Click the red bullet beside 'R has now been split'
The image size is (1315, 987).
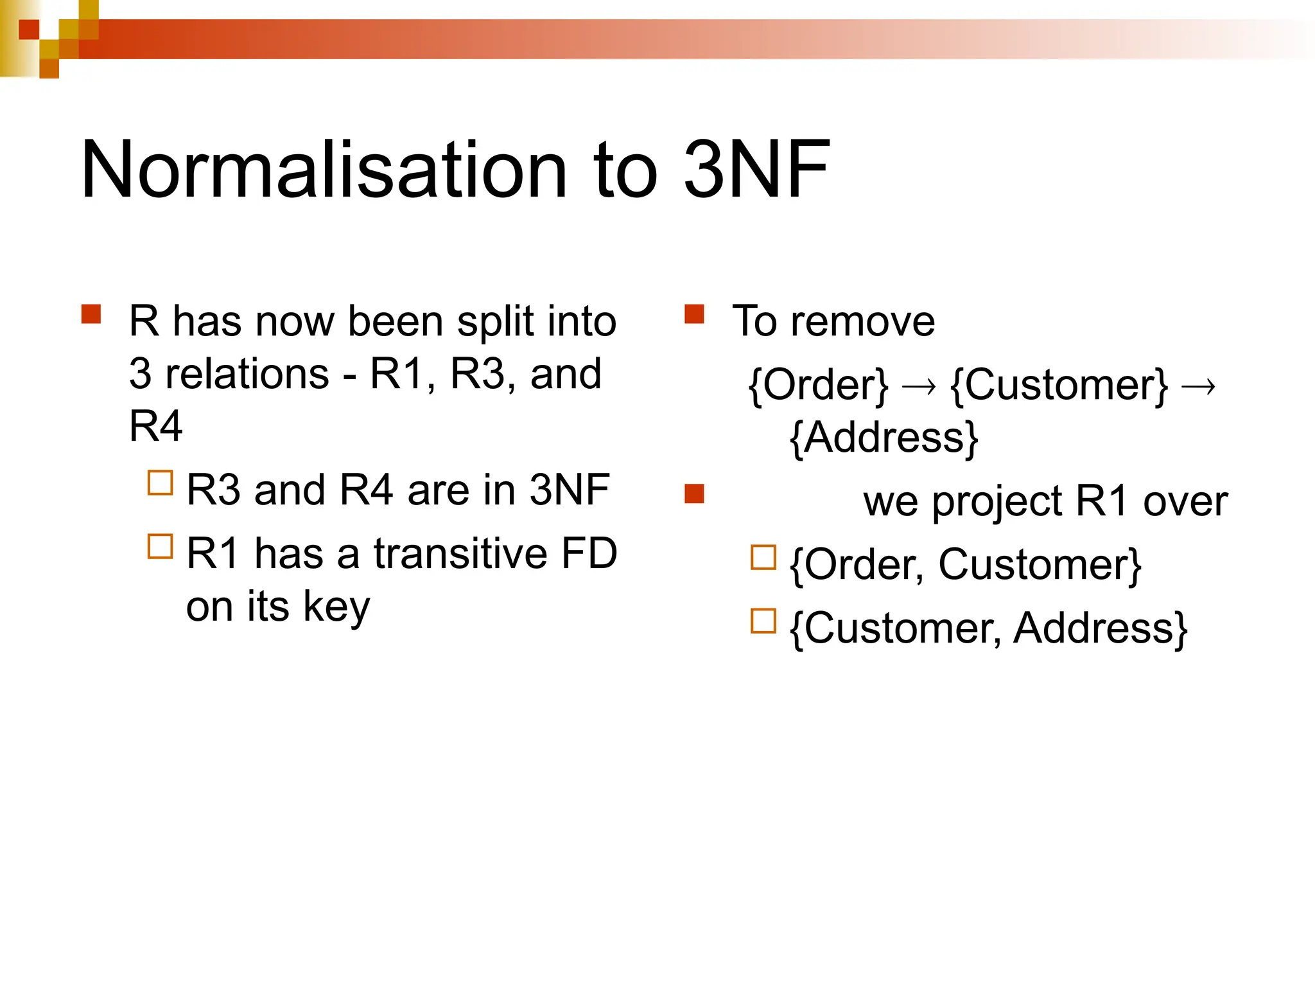pos(91,314)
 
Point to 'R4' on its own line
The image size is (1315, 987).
pos(155,426)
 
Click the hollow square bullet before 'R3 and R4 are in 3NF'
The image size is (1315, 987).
pos(160,483)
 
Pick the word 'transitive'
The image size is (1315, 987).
pos(460,553)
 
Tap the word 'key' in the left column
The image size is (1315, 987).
pos(336,607)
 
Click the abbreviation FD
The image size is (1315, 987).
pos(589,553)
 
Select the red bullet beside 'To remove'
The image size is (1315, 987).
pos(694,314)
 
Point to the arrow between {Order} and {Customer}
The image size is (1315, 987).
pos(919,387)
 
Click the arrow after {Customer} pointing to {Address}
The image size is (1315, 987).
pos(1198,387)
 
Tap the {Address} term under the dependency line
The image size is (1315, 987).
pos(884,438)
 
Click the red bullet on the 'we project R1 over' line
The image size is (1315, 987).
pos(694,494)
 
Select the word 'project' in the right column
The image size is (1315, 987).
pos(997,502)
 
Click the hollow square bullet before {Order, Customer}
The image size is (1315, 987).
pos(763,558)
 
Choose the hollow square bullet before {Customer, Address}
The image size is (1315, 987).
pos(763,621)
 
